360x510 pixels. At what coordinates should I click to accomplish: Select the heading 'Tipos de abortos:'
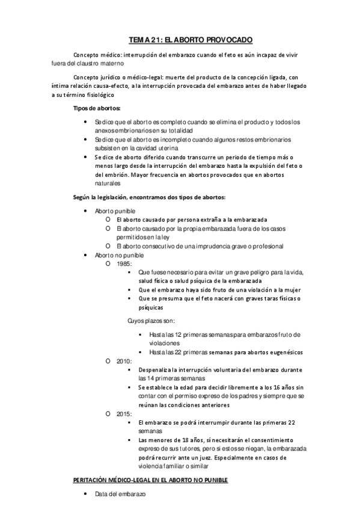(96, 108)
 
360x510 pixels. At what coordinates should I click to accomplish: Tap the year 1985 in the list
(124, 263)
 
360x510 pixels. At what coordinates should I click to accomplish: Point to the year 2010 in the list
(124, 361)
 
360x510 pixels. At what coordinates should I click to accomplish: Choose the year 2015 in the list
(124, 414)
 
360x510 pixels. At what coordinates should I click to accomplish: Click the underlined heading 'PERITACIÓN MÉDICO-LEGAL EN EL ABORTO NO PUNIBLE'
(148, 480)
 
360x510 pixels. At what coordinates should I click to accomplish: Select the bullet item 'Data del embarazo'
(120, 494)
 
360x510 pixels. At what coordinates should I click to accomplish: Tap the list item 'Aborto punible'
(115, 211)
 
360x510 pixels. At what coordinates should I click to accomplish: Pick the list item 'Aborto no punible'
(119, 255)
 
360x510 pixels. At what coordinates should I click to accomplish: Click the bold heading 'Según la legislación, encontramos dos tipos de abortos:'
(149, 197)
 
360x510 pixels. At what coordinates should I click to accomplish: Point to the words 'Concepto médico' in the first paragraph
(92, 54)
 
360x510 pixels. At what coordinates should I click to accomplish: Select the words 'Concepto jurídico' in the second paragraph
(94, 78)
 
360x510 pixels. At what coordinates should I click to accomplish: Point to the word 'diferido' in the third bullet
(147, 157)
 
